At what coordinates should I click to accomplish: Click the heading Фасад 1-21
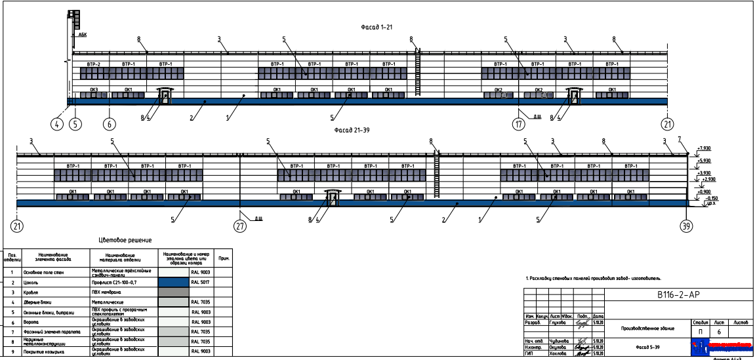[375, 28]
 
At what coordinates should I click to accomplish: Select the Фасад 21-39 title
[352, 130]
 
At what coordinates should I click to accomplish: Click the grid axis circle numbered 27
[241, 226]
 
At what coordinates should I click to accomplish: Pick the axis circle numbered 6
[110, 123]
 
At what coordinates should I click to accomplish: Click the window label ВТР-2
[93, 64]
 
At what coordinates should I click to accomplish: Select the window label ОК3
[94, 89]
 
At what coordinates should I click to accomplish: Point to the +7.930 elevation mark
[704, 149]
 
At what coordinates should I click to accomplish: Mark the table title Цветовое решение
[125, 240]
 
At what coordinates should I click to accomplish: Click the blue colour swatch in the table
[173, 281]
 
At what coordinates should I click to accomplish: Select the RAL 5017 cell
[199, 281]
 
